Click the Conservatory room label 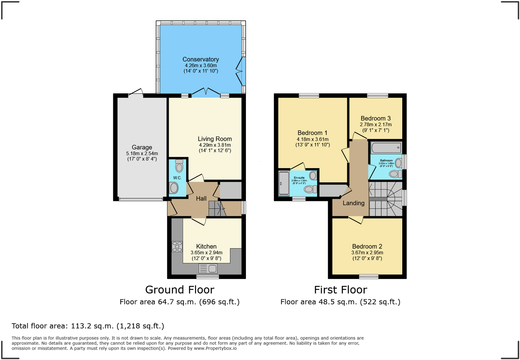201,59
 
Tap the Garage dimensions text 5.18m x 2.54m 142,153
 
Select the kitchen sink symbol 208,268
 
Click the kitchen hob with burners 177,247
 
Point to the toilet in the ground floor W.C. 179,166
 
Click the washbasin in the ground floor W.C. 174,188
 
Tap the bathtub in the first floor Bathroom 386,147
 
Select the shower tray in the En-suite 284,183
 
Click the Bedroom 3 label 375,118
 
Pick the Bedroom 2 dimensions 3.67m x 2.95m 367,253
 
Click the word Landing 353,203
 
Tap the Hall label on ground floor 201,199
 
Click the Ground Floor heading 180,290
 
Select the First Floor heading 340,290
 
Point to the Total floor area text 88,326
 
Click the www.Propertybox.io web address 215,348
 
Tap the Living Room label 215,139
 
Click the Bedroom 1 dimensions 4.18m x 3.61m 312,139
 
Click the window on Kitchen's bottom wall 208,277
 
